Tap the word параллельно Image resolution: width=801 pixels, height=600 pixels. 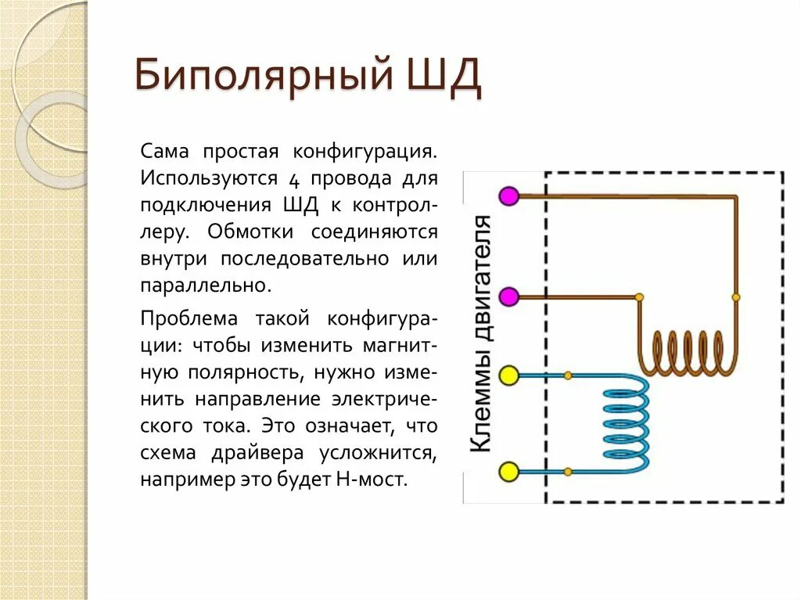click(206, 285)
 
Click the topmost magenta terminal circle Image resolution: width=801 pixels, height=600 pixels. click(509, 196)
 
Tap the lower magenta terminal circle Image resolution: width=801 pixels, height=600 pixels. click(509, 297)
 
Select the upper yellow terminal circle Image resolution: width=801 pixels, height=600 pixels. click(509, 376)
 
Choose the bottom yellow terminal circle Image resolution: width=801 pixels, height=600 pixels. click(509, 472)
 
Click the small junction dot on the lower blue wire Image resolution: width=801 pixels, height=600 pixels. click(568, 472)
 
